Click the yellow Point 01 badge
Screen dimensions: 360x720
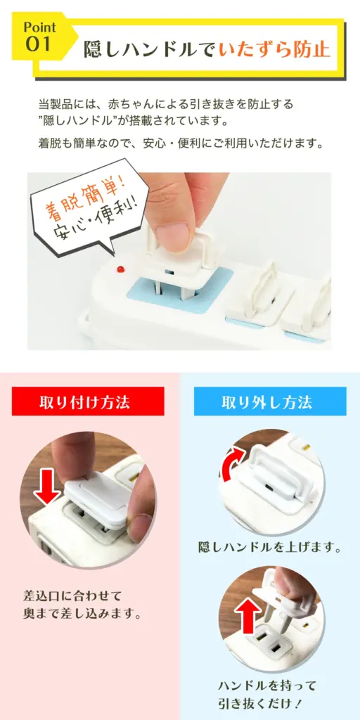click(x=39, y=37)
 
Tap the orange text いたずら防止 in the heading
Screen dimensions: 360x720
click(x=274, y=49)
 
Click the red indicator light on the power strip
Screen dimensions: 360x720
click(x=121, y=268)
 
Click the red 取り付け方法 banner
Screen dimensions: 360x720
click(x=88, y=401)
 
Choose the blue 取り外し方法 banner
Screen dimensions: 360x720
click(x=270, y=401)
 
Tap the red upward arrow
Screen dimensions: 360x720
click(x=248, y=615)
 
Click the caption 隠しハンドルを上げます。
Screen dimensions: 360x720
click(x=270, y=547)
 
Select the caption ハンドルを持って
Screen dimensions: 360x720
click(x=267, y=686)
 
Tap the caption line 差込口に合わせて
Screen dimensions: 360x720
click(x=72, y=596)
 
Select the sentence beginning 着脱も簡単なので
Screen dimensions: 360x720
click(x=181, y=143)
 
